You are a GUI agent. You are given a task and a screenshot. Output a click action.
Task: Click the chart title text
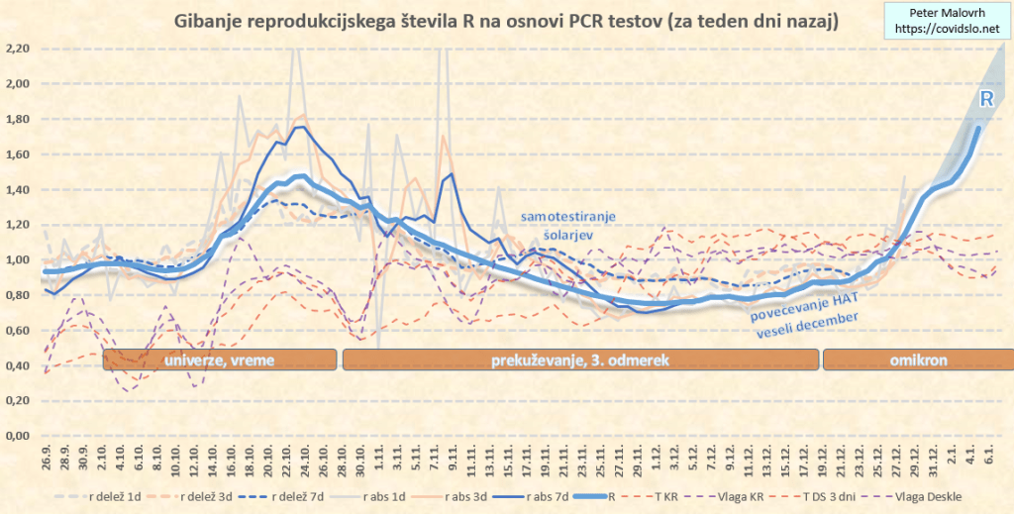pos(506,21)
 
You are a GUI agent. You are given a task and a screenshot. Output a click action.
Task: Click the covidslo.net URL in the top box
pos(946,30)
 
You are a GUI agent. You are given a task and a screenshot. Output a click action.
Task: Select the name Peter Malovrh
pos(946,13)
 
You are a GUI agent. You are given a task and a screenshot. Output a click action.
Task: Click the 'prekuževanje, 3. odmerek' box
pos(580,360)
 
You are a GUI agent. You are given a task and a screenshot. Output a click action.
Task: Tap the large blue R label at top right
pos(986,99)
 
